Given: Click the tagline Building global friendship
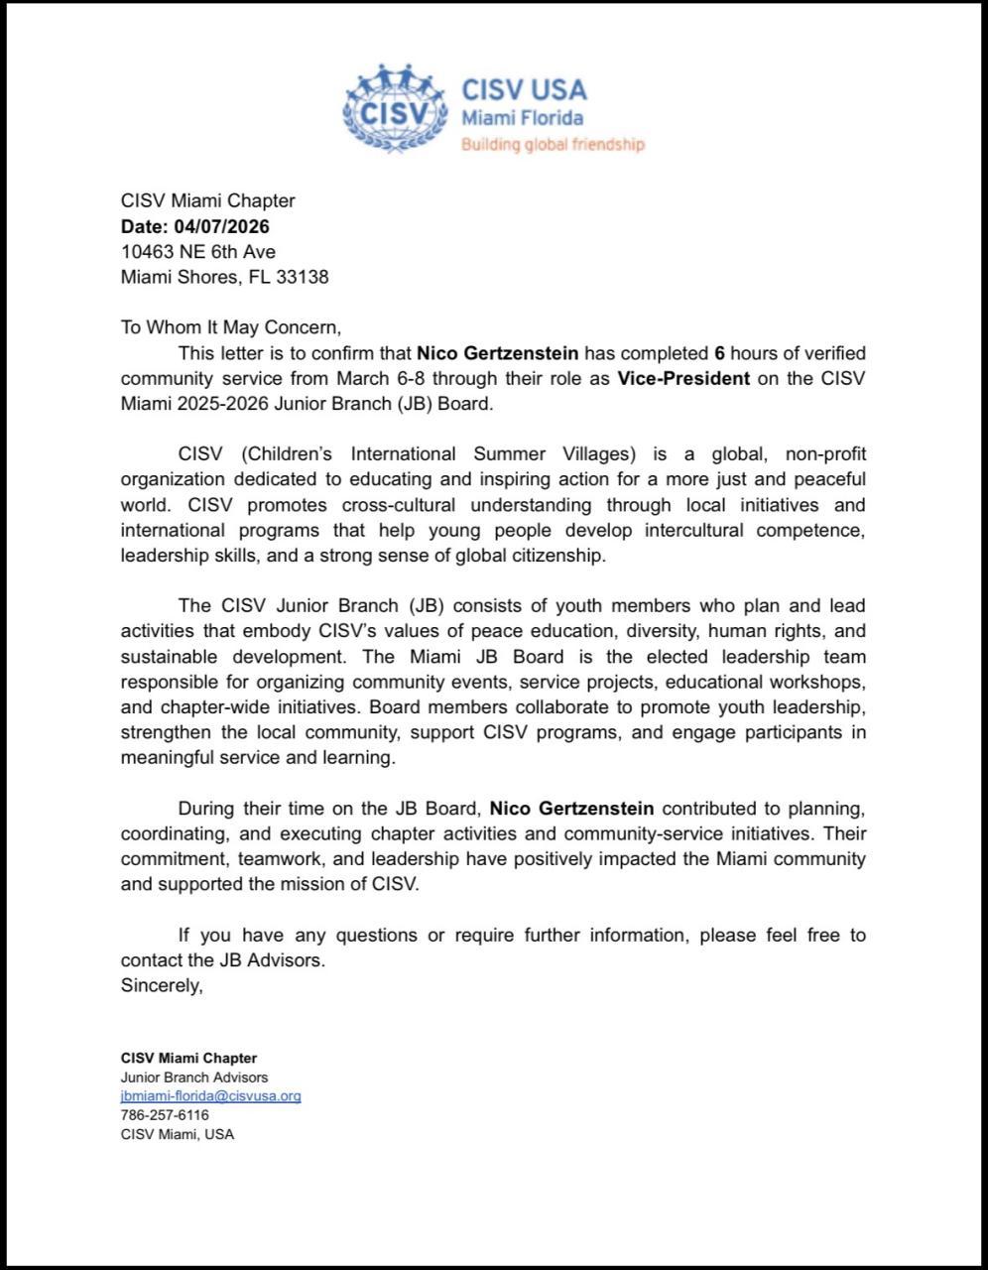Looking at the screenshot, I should (x=553, y=145).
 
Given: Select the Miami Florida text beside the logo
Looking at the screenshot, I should (x=522, y=118).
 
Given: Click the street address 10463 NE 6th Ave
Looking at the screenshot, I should (x=198, y=251).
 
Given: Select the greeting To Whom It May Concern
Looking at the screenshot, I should (x=230, y=327).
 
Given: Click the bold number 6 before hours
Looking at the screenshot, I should (x=719, y=352).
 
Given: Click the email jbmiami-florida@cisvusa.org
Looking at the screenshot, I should (x=210, y=1096).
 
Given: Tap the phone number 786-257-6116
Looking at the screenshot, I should (x=165, y=1115).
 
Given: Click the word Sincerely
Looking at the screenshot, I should (x=162, y=986).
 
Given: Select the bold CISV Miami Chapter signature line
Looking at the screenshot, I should (x=188, y=1058).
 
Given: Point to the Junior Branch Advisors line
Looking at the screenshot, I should (x=194, y=1077).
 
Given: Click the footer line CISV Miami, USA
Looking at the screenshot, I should (x=178, y=1134).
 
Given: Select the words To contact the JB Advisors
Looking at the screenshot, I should (x=222, y=960).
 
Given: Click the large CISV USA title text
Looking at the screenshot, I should (x=524, y=89).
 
